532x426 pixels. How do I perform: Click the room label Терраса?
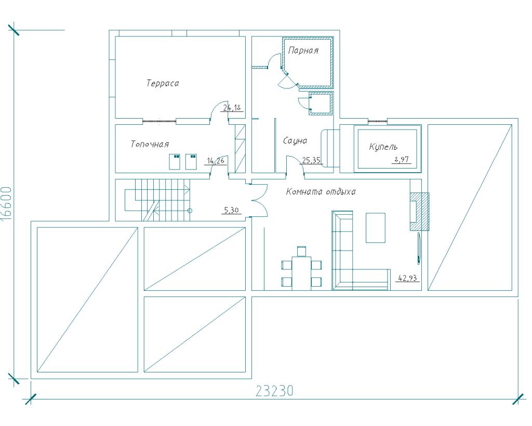[x=163, y=83]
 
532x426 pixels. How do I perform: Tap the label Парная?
[x=303, y=50]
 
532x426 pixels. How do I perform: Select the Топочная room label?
[x=150, y=145]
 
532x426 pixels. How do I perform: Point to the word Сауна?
[x=295, y=140]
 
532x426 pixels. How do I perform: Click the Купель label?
[x=383, y=147]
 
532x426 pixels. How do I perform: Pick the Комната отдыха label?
[x=321, y=192]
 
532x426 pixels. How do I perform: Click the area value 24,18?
[x=232, y=108]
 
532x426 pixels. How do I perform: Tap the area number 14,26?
[x=216, y=160]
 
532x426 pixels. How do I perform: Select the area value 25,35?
[x=311, y=160]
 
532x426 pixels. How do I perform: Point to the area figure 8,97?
[x=402, y=159]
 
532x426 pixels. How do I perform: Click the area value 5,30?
[x=232, y=211]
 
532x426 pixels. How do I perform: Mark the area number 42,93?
[x=407, y=278]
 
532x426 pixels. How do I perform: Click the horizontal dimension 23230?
[x=274, y=391]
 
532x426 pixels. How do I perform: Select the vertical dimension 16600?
[x=7, y=203]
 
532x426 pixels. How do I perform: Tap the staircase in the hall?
[x=158, y=200]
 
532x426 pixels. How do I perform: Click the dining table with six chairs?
[x=302, y=268]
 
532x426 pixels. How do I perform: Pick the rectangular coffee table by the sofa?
[x=376, y=228]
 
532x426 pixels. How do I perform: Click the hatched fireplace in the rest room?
[x=419, y=212]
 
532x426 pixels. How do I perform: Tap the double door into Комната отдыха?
[x=259, y=201]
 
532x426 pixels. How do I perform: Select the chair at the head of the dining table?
[x=302, y=251]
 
